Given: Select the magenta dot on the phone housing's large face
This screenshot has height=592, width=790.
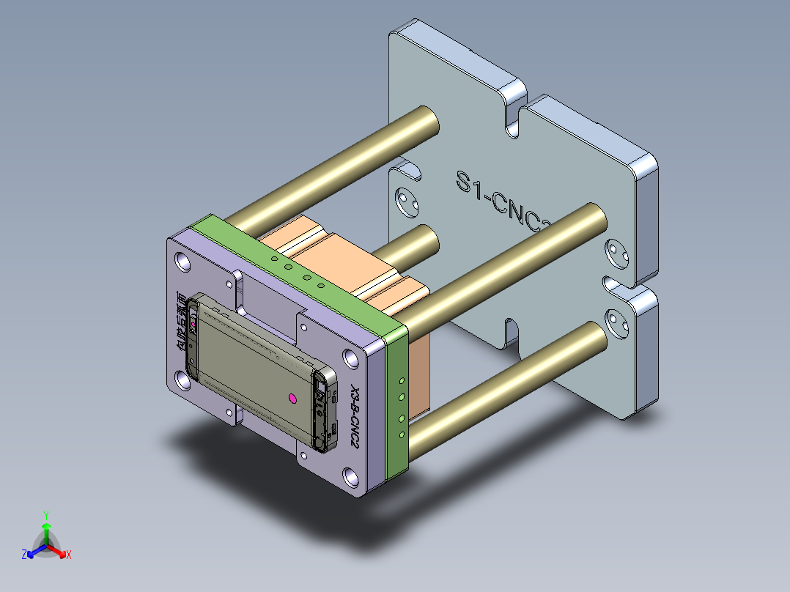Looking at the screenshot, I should tap(292, 398).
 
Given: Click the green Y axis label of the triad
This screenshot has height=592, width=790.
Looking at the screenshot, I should tap(45, 514).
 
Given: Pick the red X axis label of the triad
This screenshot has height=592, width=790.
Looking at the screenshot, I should tap(69, 555).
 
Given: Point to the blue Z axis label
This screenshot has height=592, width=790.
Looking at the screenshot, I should tap(24, 555).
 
